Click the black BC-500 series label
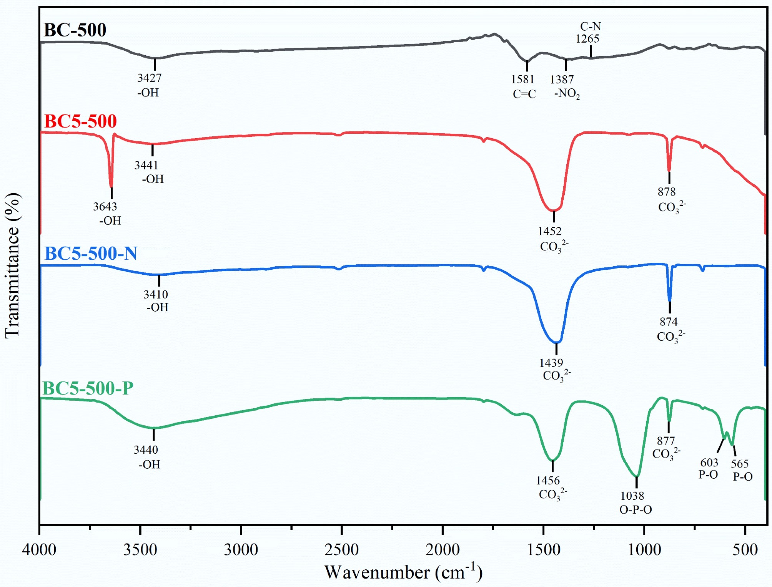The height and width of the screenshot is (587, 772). [x=75, y=30]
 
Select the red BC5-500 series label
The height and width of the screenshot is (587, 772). [x=80, y=121]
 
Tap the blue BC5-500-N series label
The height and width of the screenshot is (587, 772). [x=91, y=254]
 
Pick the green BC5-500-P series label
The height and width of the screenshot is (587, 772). [x=88, y=388]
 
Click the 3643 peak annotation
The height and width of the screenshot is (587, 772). [x=105, y=207]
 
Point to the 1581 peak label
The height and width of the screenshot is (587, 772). [x=522, y=79]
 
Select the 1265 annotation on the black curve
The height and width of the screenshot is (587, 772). [x=587, y=38]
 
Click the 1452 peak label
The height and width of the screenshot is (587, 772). [x=550, y=231]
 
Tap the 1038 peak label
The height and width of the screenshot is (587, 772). [x=632, y=496]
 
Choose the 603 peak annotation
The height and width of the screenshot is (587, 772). [x=709, y=462]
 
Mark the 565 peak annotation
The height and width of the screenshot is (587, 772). [x=740, y=463]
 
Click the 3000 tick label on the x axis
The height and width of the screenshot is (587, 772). [x=241, y=550]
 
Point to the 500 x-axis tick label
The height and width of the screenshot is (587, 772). [x=745, y=550]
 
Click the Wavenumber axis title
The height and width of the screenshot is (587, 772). [x=403, y=572]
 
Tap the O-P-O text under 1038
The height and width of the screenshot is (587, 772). [x=636, y=509]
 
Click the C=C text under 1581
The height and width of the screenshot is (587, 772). [x=524, y=94]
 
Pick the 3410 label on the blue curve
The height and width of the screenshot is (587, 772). [x=156, y=295]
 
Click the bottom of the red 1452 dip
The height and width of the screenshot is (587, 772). [x=554, y=211]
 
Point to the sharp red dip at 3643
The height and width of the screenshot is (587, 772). [x=111, y=186]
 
